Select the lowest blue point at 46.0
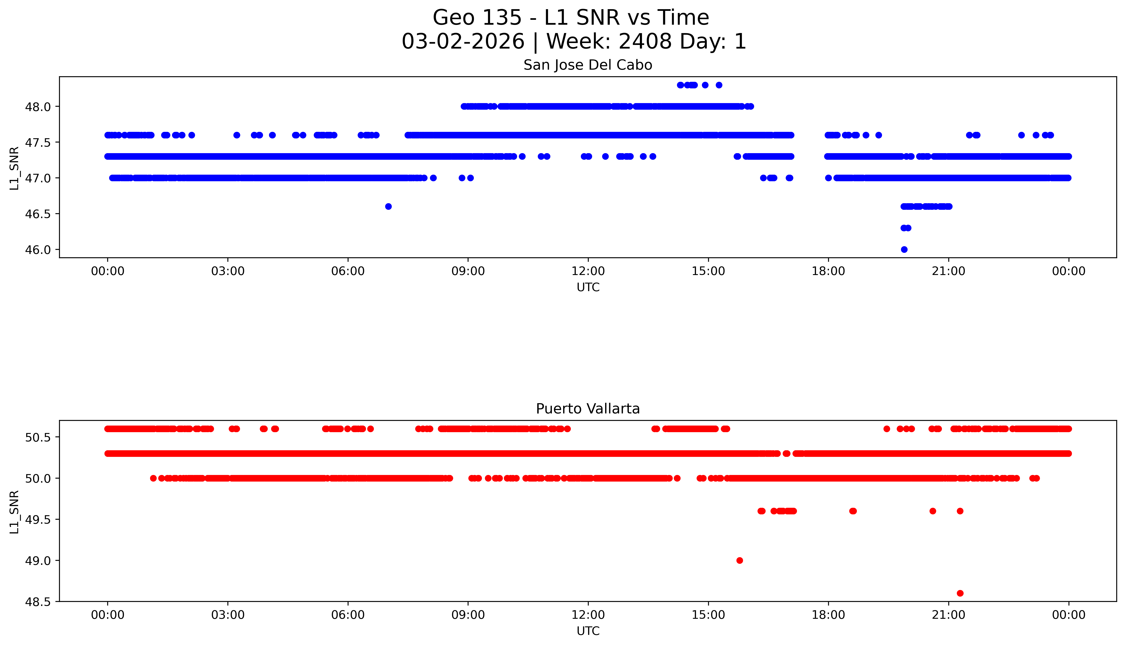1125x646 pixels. tap(904, 249)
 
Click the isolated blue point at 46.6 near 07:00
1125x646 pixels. tap(388, 206)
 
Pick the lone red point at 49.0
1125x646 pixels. tap(739, 560)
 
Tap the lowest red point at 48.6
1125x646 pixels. tap(960, 593)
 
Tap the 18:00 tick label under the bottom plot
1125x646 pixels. tap(828, 615)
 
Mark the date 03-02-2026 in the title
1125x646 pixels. tap(463, 42)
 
